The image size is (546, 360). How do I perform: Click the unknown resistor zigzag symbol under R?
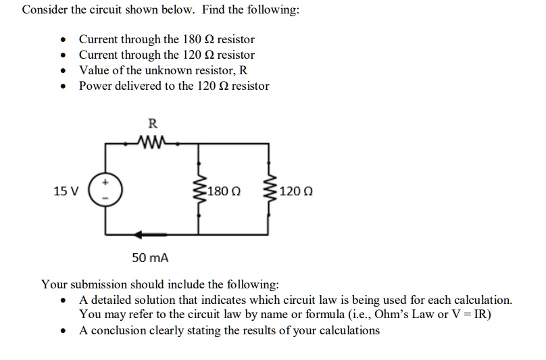pos(151,143)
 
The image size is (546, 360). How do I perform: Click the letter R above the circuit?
pos(152,123)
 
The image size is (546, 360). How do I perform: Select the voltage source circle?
pos(105,191)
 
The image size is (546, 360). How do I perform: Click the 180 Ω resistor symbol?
pos(199,191)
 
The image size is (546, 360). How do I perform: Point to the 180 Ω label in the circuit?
pos(224,192)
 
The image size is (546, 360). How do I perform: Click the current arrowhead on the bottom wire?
pos(139,234)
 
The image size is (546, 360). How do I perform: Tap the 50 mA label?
pos(150,258)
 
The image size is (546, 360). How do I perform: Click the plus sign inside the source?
pos(105,182)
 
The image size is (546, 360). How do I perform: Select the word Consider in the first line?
pos(43,11)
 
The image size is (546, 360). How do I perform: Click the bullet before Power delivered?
pos(63,86)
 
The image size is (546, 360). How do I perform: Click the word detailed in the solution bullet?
pos(111,300)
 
